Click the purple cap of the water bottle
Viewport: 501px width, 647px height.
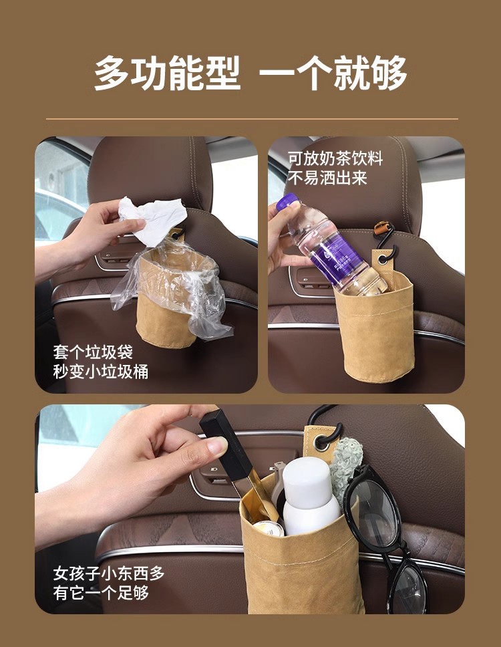click(x=287, y=202)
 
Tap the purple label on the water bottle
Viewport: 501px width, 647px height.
click(x=339, y=256)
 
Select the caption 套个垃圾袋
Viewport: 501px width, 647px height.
click(x=93, y=352)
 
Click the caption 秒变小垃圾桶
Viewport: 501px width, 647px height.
click(x=101, y=372)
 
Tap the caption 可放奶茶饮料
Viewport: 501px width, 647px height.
click(x=335, y=158)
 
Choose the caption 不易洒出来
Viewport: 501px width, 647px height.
click(x=327, y=178)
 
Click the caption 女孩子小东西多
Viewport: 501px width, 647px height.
click(x=109, y=573)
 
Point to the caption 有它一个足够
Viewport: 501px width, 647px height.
click(x=101, y=593)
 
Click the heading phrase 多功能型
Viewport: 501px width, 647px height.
click(x=168, y=73)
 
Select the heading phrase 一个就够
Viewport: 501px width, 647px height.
click(x=333, y=73)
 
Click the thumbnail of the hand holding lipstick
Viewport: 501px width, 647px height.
click(x=249, y=509)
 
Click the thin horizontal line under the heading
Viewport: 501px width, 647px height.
click(x=252, y=119)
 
